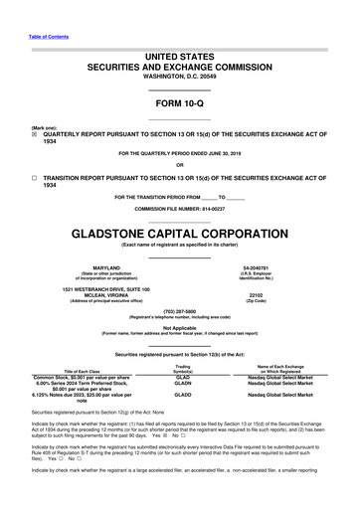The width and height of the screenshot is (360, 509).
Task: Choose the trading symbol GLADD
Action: click(x=182, y=423)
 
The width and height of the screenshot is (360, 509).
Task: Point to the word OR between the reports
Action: click(x=179, y=164)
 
